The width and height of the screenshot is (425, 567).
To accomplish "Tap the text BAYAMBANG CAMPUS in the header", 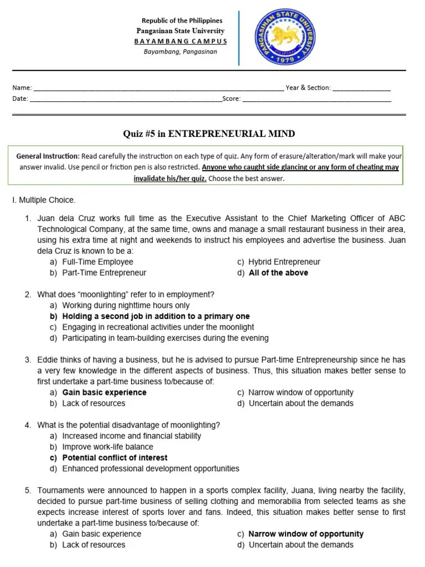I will tap(180, 42).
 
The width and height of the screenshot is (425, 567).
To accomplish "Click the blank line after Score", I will tap(317, 101).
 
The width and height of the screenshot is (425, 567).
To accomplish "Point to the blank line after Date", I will tap(125, 101).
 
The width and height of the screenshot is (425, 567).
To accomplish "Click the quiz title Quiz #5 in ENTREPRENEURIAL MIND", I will tap(209, 134).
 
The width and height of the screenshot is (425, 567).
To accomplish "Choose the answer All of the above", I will tap(278, 273).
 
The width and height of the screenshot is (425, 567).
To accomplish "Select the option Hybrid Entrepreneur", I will tap(284, 262).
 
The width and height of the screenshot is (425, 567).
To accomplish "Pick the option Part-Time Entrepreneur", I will tap(104, 273).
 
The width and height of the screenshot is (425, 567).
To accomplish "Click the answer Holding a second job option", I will tap(156, 317).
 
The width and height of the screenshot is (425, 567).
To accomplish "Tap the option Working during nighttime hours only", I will tap(126, 306).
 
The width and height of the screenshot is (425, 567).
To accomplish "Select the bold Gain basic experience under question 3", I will tap(104, 393).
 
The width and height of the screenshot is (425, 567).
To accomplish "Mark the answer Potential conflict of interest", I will tap(115, 458).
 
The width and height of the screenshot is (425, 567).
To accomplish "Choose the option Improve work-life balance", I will tap(107, 447).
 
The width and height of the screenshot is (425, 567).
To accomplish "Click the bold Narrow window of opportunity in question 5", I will tap(306, 534).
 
